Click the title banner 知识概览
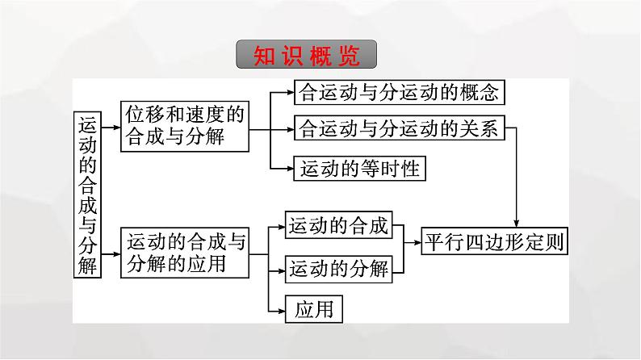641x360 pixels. [308, 56]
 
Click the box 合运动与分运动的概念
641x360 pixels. [400, 92]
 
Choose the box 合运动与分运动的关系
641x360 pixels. [400, 128]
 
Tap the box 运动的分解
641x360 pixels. [338, 266]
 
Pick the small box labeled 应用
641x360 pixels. [314, 308]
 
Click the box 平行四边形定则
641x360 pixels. [492, 242]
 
